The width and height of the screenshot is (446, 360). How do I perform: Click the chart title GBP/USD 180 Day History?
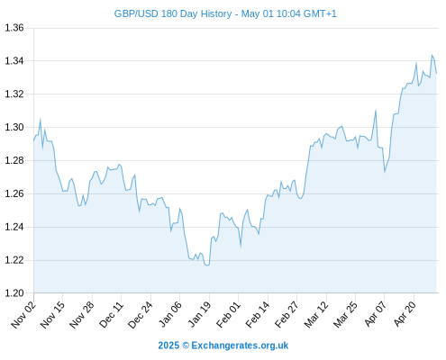(173, 14)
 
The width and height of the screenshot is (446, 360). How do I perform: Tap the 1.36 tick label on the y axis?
(14, 28)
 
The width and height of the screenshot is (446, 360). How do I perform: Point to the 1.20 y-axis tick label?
(14, 293)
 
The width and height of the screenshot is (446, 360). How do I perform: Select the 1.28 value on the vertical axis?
(14, 160)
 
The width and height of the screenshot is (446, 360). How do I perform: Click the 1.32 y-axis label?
(14, 94)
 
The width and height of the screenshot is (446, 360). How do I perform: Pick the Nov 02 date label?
(23, 315)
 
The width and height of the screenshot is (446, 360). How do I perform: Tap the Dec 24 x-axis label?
(141, 315)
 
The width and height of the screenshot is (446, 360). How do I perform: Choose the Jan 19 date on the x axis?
(199, 315)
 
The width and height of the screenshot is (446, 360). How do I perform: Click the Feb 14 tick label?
(258, 315)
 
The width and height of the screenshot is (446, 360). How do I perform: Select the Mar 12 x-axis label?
(316, 315)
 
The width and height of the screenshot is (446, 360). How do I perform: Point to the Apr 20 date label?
(405, 314)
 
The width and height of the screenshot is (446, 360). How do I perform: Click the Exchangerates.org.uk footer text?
(240, 346)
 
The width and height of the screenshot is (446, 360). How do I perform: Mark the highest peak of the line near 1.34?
(432, 55)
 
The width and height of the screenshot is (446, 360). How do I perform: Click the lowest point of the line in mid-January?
(207, 265)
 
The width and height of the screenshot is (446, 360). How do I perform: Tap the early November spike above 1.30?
(41, 120)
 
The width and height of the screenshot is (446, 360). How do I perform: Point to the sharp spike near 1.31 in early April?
(376, 111)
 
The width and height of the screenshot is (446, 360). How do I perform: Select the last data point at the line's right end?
(436, 73)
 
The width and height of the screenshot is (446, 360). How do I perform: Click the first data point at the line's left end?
(33, 140)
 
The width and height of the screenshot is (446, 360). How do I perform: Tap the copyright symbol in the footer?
(186, 346)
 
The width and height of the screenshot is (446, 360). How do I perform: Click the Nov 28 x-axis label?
(82, 315)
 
